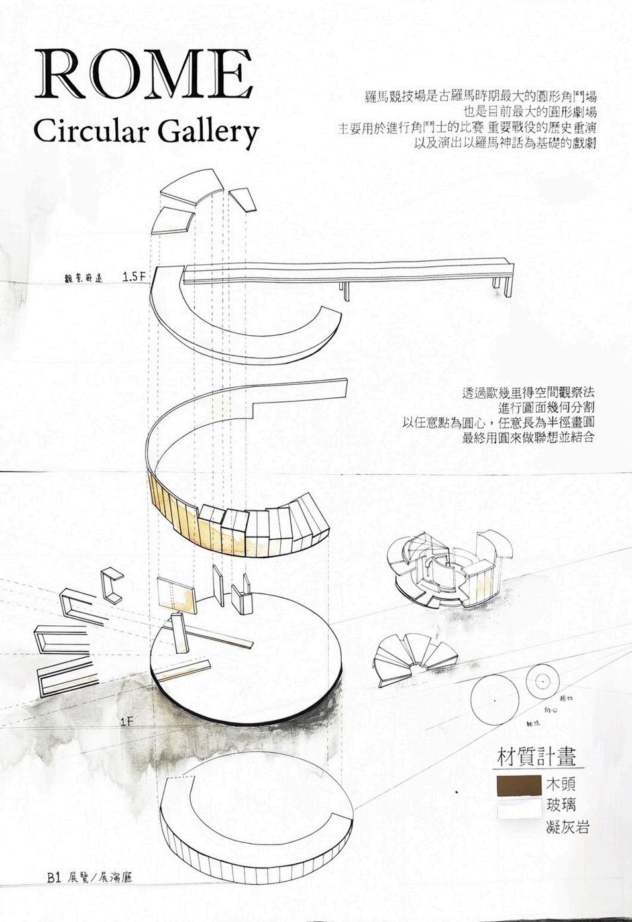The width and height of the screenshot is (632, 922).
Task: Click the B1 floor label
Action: coord(54,878)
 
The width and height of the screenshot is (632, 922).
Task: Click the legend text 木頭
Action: coord(560,784)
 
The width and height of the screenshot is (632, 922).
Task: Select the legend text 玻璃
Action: coord(560,805)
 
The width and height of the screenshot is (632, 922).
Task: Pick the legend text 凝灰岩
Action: coord(568,827)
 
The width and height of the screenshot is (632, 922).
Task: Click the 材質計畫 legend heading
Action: coord(536,756)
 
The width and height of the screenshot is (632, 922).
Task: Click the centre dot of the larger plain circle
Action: coord(494,700)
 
